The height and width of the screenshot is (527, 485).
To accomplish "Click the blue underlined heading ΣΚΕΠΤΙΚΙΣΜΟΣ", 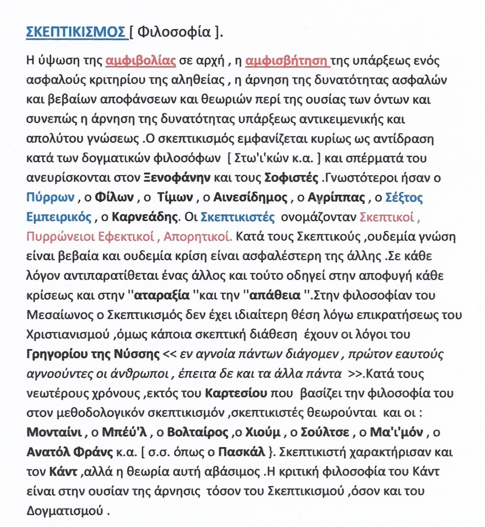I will (77, 32).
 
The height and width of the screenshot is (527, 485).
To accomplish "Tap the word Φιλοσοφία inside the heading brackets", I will (174, 32).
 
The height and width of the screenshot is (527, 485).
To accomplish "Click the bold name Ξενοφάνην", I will (176, 178).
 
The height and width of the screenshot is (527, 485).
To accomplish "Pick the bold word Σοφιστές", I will (291, 178).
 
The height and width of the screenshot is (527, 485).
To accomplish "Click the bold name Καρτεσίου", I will (236, 393).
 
